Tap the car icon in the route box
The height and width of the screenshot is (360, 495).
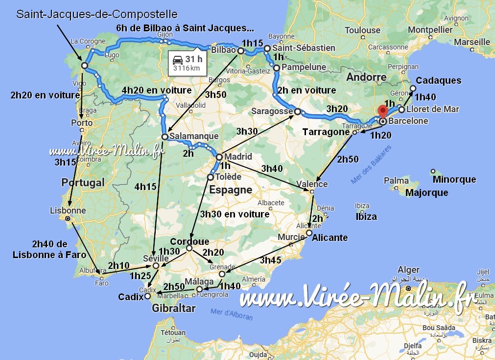(178, 60)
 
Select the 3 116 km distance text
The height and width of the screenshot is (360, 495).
(187, 69)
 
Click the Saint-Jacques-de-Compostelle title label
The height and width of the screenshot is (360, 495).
(97, 14)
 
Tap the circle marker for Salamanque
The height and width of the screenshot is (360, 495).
(165, 137)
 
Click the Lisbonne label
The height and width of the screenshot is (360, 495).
(68, 211)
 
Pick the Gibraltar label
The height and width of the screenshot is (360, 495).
(173, 308)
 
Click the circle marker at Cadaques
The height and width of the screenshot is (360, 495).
(413, 89)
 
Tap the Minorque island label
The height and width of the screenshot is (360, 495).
(454, 179)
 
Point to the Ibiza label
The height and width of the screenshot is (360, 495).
(366, 216)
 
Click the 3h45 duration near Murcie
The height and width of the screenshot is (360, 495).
(271, 260)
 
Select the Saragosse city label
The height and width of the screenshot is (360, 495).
(271, 112)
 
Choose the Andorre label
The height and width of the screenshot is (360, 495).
(366, 77)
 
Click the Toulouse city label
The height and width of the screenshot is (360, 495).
(362, 30)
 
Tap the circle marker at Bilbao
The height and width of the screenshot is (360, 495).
(241, 51)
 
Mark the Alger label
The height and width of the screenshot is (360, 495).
(408, 269)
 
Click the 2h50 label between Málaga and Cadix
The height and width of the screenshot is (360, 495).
(173, 287)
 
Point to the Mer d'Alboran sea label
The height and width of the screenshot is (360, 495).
(231, 314)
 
